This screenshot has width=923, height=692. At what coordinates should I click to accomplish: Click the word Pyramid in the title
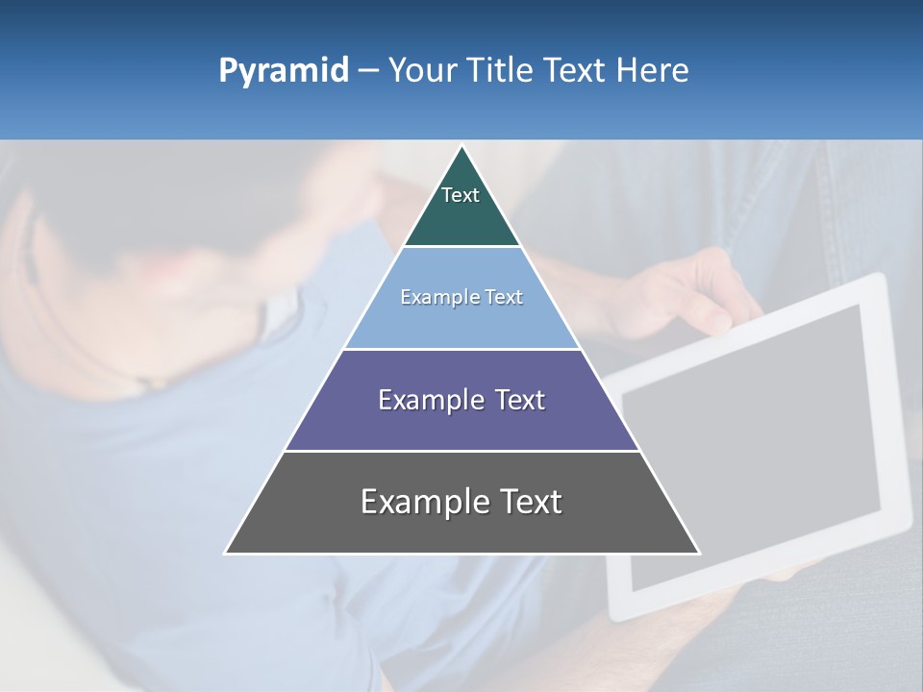click(284, 71)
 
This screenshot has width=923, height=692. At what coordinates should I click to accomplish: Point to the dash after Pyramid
click(368, 71)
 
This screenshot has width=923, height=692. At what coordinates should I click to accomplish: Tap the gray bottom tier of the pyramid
click(461, 530)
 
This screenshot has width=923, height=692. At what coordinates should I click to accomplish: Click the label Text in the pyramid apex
click(461, 195)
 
